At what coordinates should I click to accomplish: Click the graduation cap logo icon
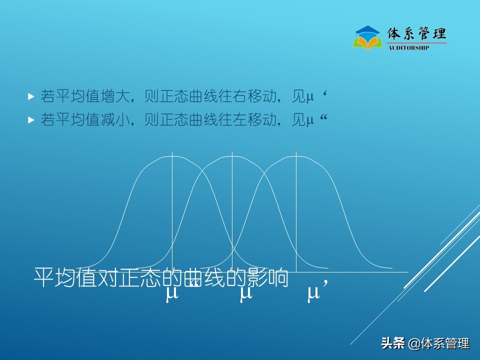(x=368, y=37)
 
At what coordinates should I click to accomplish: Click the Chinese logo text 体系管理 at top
(x=416, y=34)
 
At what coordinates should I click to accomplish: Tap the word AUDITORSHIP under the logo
(x=408, y=48)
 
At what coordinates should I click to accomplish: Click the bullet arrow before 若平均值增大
(x=31, y=96)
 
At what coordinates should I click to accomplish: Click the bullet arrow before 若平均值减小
(x=31, y=120)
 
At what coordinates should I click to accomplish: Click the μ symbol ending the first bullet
(x=310, y=97)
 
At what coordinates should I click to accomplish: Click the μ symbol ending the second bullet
(x=310, y=120)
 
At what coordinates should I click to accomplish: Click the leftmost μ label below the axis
(x=172, y=293)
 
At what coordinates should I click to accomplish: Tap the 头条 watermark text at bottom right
(x=393, y=343)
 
